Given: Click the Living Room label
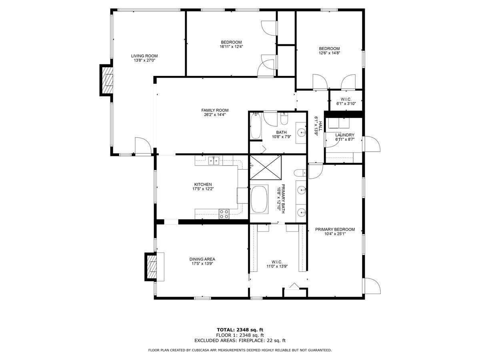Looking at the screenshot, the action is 144,56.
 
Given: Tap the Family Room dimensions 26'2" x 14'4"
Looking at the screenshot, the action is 215,114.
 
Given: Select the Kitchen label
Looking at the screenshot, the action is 203,184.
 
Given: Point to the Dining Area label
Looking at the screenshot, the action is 202,259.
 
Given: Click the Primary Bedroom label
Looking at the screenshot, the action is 335,230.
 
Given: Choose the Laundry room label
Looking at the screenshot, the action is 345,135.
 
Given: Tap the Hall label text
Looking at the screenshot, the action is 320,126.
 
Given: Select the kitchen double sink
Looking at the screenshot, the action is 214,161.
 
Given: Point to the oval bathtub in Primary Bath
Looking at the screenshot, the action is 259,200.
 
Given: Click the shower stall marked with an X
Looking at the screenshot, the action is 266,168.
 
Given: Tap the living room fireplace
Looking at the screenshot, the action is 106,80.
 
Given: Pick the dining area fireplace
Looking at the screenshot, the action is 151,267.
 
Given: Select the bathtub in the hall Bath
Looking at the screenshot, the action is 256,126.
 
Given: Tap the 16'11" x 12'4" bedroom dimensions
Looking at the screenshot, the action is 231,46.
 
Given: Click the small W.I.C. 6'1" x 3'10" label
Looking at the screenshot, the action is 346,102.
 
